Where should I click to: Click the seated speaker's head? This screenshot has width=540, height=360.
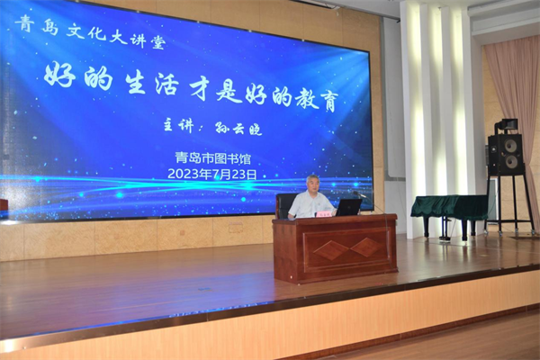coord(312,184)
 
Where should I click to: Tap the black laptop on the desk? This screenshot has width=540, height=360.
coord(348,207)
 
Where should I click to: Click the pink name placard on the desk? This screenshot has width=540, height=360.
coord(324,214)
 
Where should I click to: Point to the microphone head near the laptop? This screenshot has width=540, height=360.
coord(356,193)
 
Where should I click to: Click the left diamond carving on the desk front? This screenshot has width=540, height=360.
coord(331,250)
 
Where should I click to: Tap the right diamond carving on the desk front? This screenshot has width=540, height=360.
coord(367,247)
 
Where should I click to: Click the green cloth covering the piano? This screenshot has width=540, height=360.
coord(449,207)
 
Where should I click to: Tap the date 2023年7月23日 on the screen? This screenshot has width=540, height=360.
coord(212,174)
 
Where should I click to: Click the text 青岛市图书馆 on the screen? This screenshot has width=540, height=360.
coord(213,158)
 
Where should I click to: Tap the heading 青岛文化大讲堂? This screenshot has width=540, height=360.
coord(90,31)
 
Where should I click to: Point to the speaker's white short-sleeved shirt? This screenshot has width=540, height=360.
coord(310,204)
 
